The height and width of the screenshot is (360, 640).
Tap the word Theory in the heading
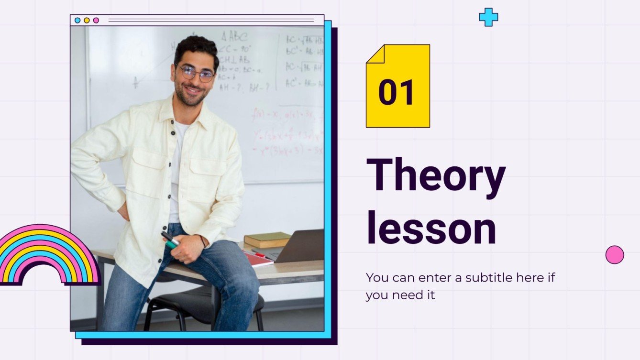[x=435, y=175]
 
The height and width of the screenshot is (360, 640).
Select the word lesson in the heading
[x=430, y=229]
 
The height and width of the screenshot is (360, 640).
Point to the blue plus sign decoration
[x=488, y=17]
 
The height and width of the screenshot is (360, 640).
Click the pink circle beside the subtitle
[x=615, y=255]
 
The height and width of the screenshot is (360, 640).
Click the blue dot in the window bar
[x=77, y=21]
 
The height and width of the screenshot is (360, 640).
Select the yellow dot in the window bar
[x=87, y=21]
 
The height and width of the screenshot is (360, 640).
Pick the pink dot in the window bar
[x=96, y=21]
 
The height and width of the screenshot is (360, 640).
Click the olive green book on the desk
[x=267, y=239]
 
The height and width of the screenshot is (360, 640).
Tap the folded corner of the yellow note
[x=375, y=54]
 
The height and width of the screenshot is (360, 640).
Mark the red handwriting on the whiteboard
[x=287, y=134]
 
